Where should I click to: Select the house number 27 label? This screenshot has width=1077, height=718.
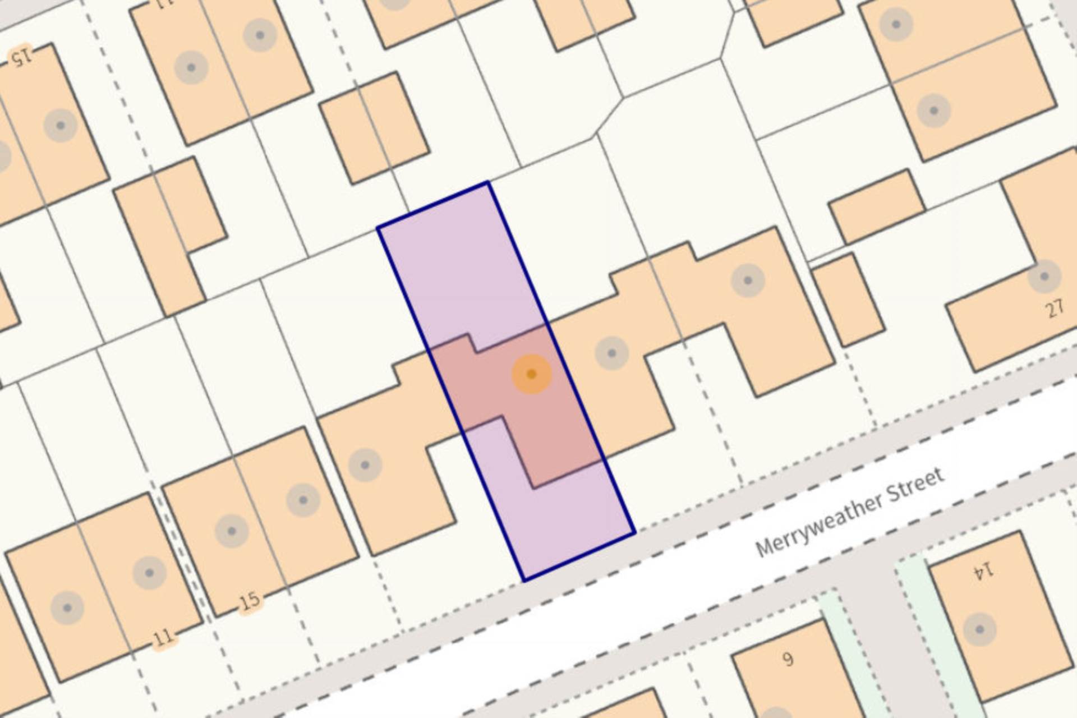(1055, 309)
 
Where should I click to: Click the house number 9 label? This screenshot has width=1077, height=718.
(788, 659)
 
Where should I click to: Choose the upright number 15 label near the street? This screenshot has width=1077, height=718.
(250, 601)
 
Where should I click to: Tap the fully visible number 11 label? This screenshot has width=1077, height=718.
(163, 638)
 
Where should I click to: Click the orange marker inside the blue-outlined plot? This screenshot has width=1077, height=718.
(531, 374)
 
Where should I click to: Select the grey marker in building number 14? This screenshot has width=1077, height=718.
(979, 629)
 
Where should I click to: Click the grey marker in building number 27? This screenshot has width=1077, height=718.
(1044, 277)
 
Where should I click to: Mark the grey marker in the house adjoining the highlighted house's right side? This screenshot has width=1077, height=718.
(611, 353)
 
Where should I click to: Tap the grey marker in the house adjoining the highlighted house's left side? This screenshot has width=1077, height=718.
(365, 465)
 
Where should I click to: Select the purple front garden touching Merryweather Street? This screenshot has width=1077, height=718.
(567, 522)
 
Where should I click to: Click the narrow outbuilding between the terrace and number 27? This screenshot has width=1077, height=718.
(848, 300)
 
